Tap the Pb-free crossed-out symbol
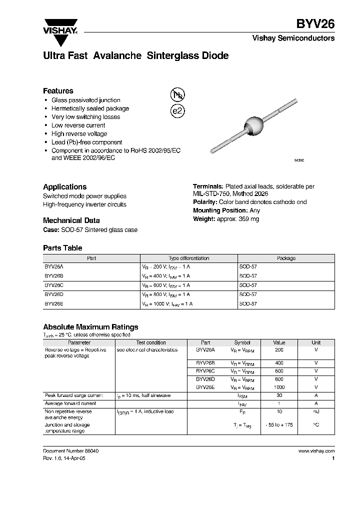point(177,95)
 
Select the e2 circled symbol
point(177,111)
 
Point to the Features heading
point(58,91)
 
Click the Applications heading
point(64,186)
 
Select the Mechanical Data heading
point(71,220)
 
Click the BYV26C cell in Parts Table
point(54,285)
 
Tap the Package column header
point(286,258)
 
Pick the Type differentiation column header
point(188,258)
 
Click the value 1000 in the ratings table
point(279,387)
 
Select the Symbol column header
point(242,342)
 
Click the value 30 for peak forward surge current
point(279,395)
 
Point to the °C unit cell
point(316,424)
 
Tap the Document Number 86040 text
point(71,451)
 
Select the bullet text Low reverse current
point(78,125)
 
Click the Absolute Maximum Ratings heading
point(90,327)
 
